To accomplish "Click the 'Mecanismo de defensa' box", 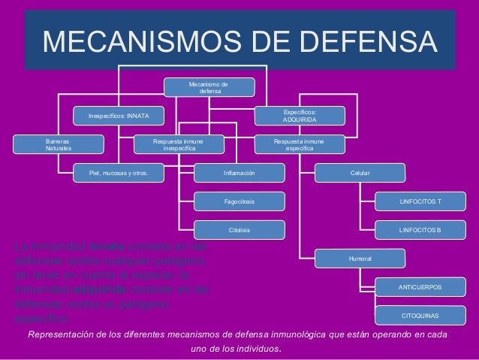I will [210, 87].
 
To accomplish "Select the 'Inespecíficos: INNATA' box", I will [119, 116].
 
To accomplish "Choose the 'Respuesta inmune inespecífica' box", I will [178, 144].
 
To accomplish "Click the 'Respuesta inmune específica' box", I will [300, 144].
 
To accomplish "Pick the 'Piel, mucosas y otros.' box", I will [119, 174].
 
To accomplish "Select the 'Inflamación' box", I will [239, 174].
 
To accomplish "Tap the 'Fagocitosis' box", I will [239, 201].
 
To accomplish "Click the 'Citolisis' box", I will [239, 229].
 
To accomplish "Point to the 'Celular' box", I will [360, 174].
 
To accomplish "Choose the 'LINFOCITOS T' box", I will [420, 201].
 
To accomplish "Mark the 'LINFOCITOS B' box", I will [420, 229].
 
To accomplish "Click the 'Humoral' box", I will [360, 259].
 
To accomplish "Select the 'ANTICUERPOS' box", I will [420, 287].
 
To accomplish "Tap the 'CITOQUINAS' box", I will [420, 316].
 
